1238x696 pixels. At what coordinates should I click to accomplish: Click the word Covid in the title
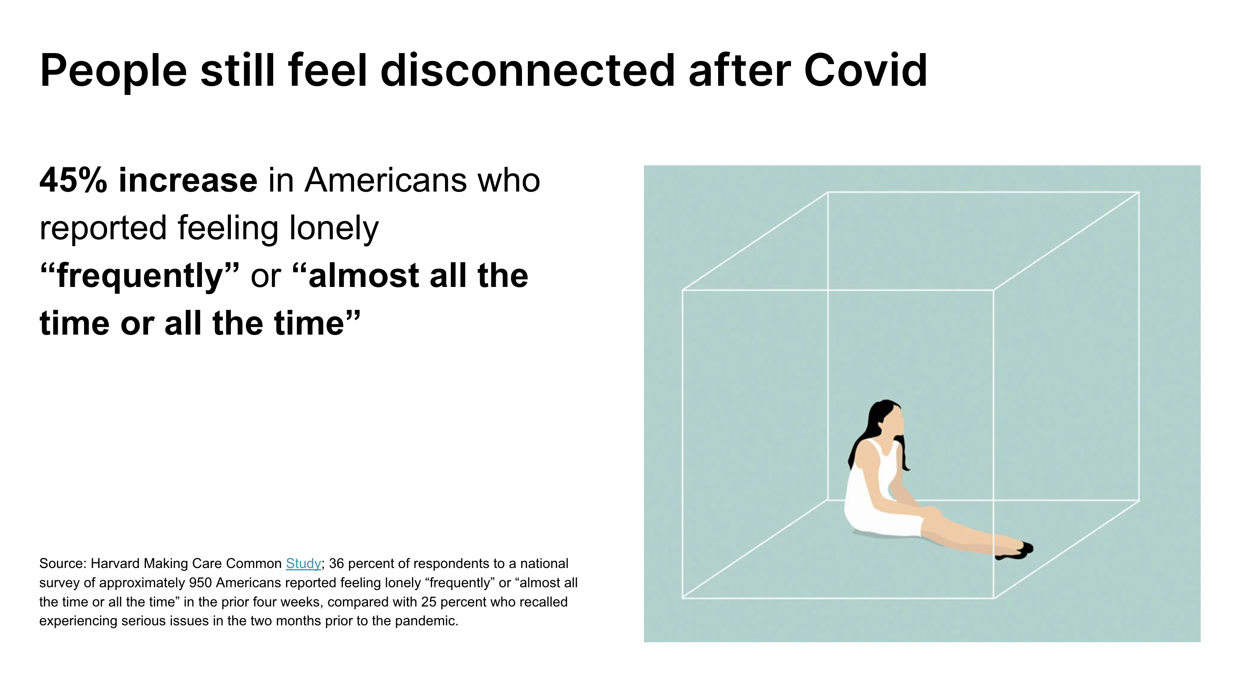coord(865,70)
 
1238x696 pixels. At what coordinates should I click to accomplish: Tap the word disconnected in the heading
coord(528,70)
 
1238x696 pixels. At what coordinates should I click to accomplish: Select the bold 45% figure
coord(73,180)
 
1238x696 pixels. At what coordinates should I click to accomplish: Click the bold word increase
coord(188,180)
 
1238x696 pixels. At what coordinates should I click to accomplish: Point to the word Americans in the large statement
coord(386,180)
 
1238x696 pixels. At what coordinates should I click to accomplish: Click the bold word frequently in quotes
coord(140,276)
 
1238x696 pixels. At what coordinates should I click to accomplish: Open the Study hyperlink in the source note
coord(303,563)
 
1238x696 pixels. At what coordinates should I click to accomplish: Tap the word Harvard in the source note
coord(115,563)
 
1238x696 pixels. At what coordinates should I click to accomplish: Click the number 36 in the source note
coord(336,563)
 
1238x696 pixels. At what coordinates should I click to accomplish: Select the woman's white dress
coord(880,500)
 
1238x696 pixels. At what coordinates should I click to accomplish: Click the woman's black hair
coord(872,428)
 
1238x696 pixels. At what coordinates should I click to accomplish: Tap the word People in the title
coord(113,71)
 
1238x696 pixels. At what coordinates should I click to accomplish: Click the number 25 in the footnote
coord(429,602)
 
